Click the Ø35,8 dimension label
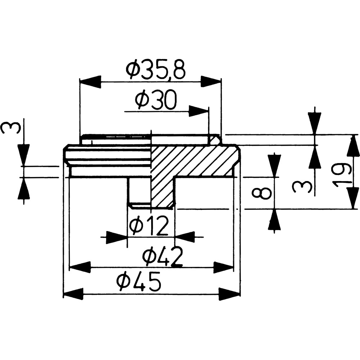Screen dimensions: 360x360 coord(156,69)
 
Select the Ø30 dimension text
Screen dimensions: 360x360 coord(156,100)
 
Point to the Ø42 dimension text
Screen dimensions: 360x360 coord(162,256)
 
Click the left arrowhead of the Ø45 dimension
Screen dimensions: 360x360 coord(73,294)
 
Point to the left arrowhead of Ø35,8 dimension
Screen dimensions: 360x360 coord(90,81)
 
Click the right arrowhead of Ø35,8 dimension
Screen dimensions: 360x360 coord(211,81)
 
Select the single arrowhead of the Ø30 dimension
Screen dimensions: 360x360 coord(199,112)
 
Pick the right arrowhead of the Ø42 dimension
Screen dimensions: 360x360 coord(224,267)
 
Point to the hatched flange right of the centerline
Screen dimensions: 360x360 coord(195,161)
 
